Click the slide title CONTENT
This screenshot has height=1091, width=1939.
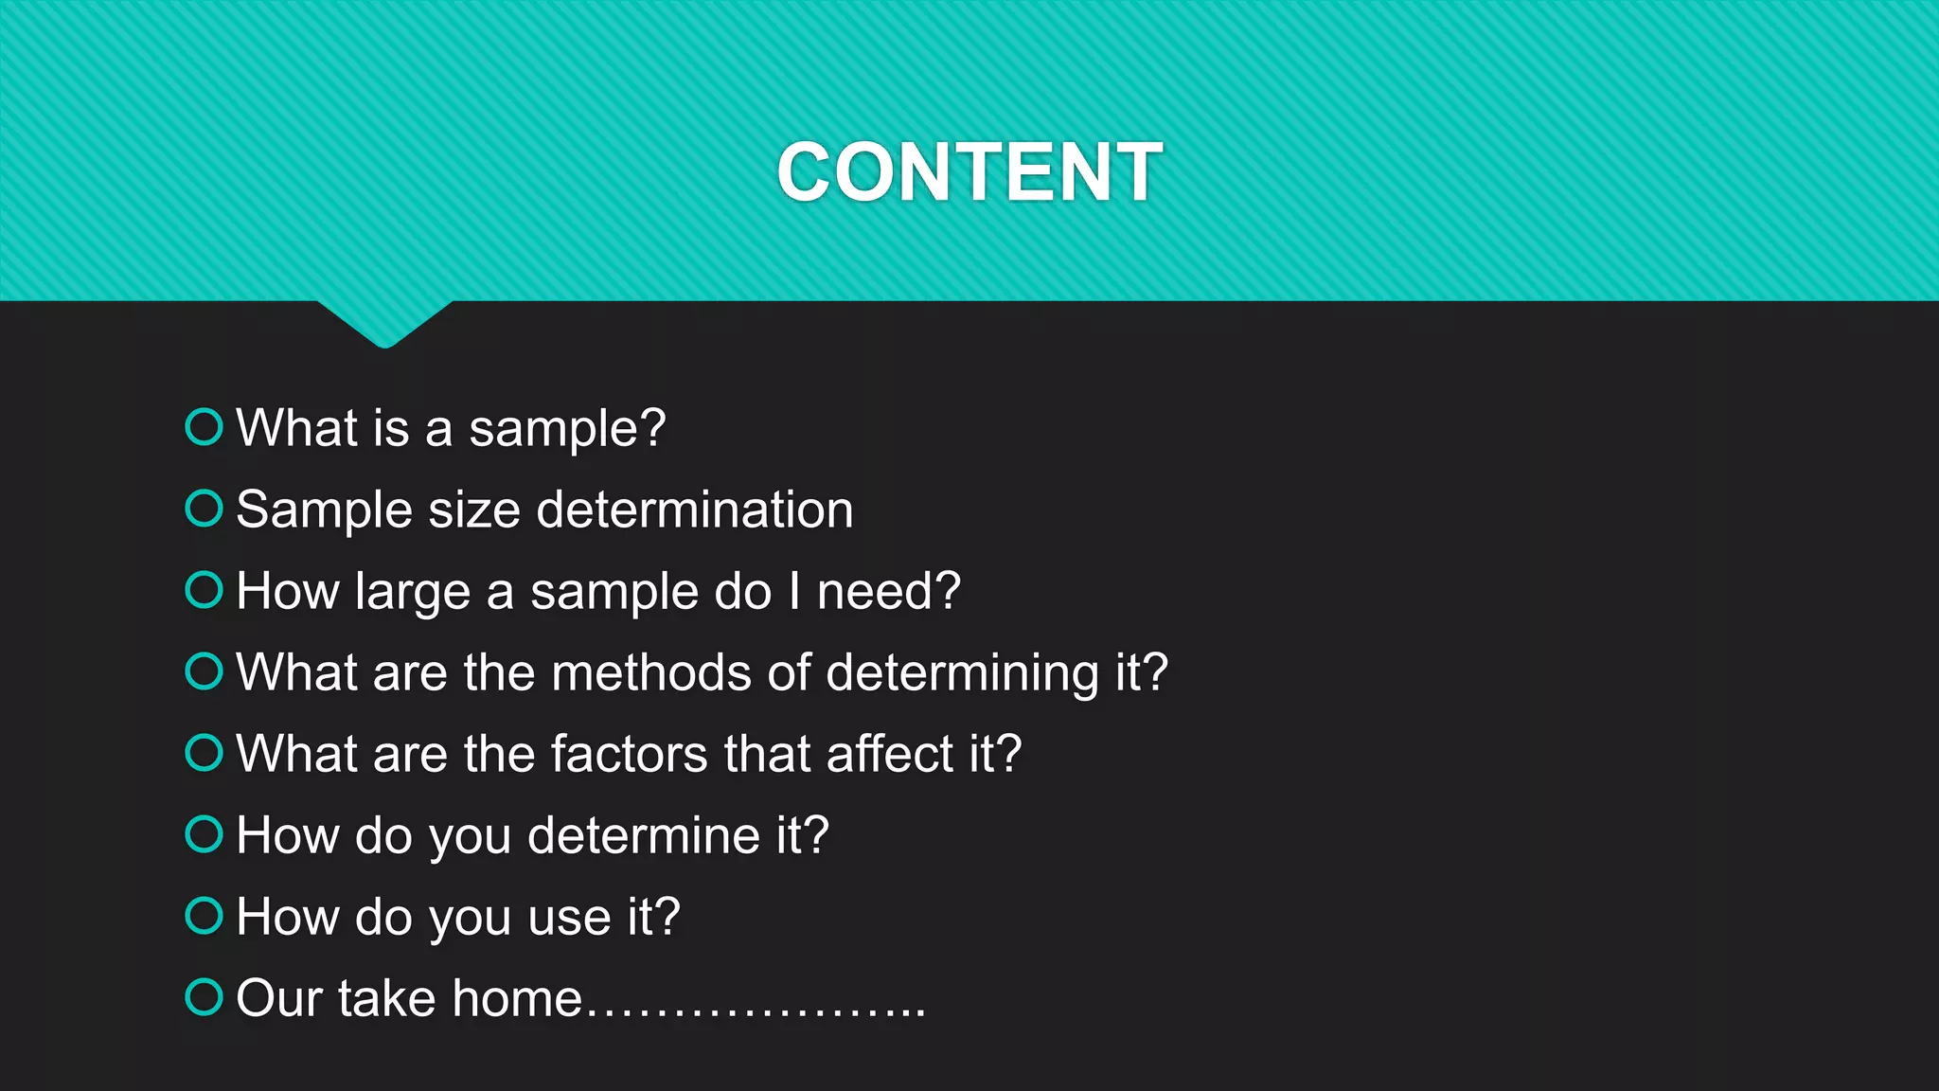point(969,172)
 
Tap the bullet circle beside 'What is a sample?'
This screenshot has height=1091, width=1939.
point(204,426)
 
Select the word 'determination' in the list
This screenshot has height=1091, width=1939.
point(695,510)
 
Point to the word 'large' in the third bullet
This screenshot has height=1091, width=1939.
point(413,592)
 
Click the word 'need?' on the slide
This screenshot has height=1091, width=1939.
point(889,591)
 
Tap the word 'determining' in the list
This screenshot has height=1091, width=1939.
point(962,673)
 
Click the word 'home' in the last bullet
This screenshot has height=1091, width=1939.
point(517,998)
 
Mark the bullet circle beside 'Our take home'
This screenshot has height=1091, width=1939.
point(204,996)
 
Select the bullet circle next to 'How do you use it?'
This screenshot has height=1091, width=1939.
point(204,915)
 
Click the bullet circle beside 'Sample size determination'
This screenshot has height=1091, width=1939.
point(204,508)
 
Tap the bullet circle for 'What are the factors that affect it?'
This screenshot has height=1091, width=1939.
point(204,752)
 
